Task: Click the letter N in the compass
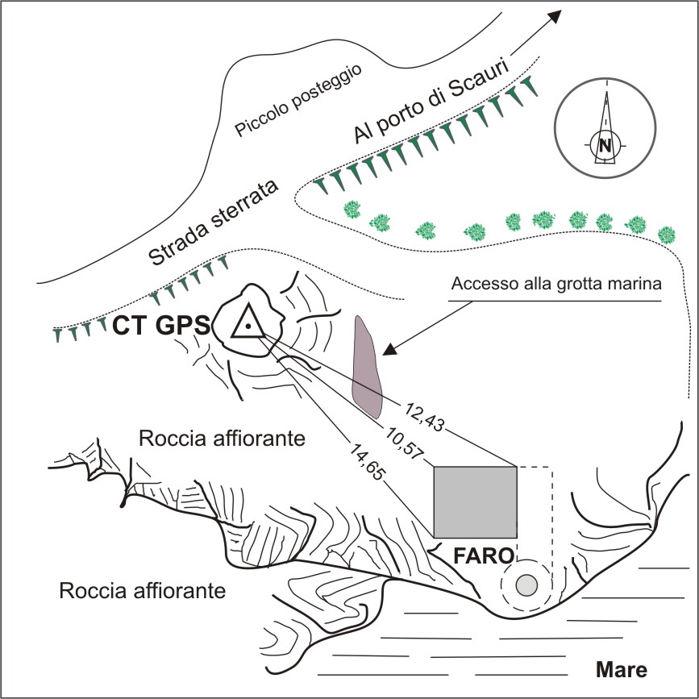click(x=604, y=145)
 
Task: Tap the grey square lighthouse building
click(x=475, y=502)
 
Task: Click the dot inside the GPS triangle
click(x=249, y=327)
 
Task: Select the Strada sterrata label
click(x=213, y=222)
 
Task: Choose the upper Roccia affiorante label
click(x=221, y=439)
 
